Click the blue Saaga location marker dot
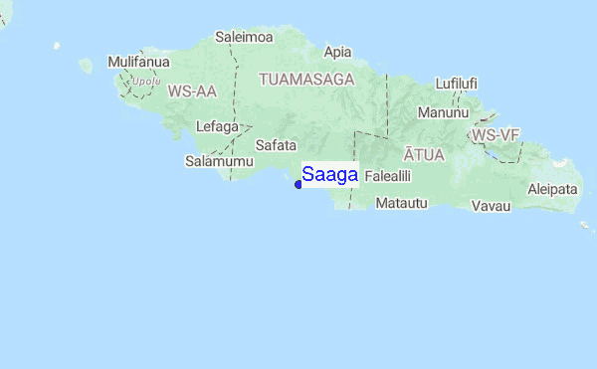[x=298, y=184]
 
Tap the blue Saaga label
[x=329, y=175]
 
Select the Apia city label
[x=338, y=52]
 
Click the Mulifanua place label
[x=133, y=62]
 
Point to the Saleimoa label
[x=244, y=38]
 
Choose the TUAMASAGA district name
[x=306, y=78]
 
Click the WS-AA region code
[x=192, y=92]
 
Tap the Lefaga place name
[x=218, y=126]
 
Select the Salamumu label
[x=213, y=160]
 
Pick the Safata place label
[x=277, y=144]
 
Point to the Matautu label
[x=401, y=203]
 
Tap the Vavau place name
[x=492, y=206]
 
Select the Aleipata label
[x=552, y=188]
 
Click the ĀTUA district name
[x=424, y=154]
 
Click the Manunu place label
[x=443, y=112]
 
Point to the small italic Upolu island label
[x=146, y=82]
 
